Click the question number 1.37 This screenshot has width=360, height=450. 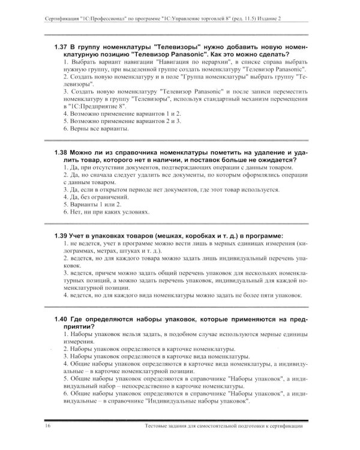(61, 46)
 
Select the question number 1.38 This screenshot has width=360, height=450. (61, 153)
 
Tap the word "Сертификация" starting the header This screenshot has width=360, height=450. (65, 20)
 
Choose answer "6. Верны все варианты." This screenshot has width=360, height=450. (95, 128)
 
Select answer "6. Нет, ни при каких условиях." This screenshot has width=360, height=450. (103, 212)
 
